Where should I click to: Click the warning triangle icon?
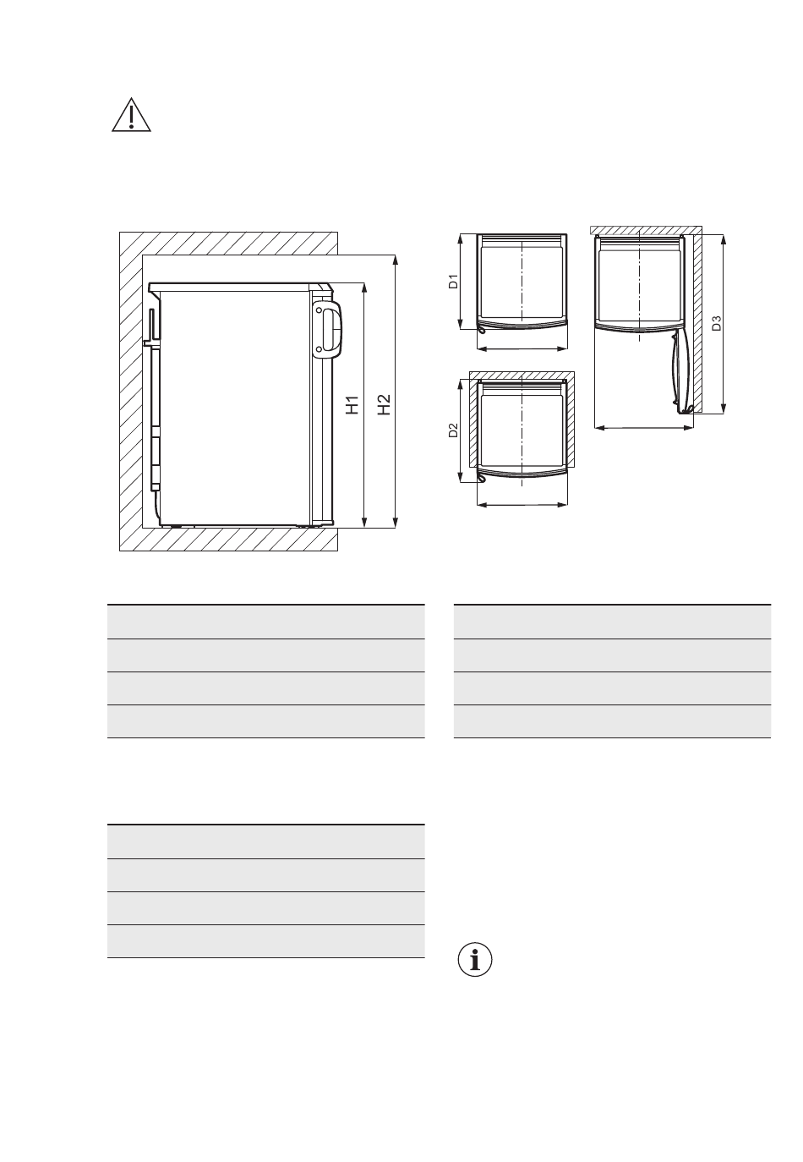pyautogui.click(x=131, y=115)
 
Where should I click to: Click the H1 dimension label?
pyautogui.click(x=352, y=404)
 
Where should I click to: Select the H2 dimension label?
pyautogui.click(x=384, y=404)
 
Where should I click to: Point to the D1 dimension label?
pyautogui.click(x=453, y=281)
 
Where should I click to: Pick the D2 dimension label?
pyautogui.click(x=453, y=430)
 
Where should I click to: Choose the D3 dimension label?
pyautogui.click(x=716, y=323)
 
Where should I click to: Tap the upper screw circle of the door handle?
pyautogui.click(x=320, y=310)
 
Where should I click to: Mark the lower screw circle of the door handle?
pyautogui.click(x=320, y=349)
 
